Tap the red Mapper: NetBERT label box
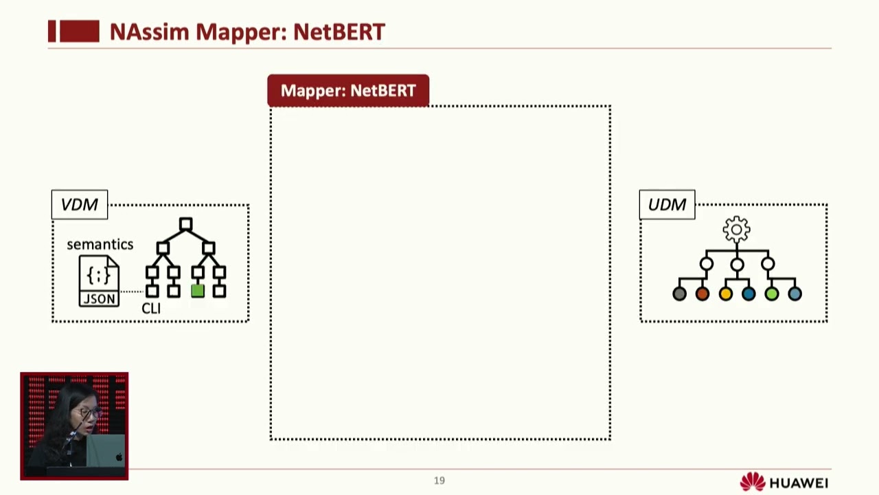click(x=348, y=91)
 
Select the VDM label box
click(x=80, y=205)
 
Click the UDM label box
click(x=667, y=205)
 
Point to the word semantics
click(x=100, y=244)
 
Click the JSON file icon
click(x=99, y=280)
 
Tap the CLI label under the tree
click(x=150, y=308)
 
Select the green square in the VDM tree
click(x=198, y=291)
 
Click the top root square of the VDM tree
click(x=185, y=224)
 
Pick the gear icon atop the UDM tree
click(x=736, y=229)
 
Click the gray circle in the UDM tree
click(x=679, y=294)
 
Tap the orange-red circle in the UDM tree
click(x=702, y=294)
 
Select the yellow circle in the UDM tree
click(x=725, y=294)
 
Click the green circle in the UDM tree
click(x=771, y=294)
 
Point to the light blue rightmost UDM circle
click(x=795, y=294)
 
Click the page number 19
click(x=439, y=481)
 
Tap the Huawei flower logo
click(x=753, y=482)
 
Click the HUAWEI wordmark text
click(x=799, y=483)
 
